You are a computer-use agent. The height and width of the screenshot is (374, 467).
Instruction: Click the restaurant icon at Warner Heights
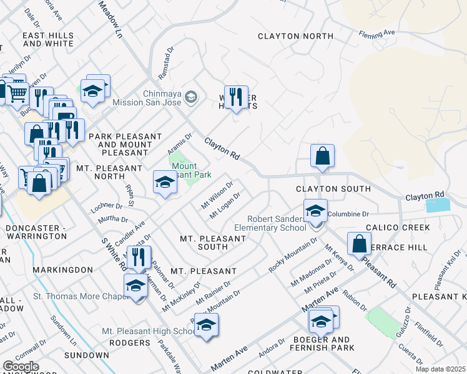click(235, 97)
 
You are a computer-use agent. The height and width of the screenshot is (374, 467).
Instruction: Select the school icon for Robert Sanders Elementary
click(315, 211)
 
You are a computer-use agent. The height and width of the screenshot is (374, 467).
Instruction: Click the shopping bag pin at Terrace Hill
click(360, 243)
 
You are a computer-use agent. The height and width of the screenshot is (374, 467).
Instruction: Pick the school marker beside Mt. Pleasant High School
click(206, 325)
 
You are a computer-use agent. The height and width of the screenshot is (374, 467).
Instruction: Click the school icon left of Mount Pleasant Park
click(165, 182)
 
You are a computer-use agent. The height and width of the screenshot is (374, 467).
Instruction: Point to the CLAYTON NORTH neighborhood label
click(296, 36)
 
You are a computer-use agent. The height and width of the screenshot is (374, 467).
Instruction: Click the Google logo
click(21, 367)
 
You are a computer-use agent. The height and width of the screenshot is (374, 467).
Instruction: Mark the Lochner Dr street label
click(107, 205)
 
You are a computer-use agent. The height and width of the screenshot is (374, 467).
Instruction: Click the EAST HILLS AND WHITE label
click(48, 40)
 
